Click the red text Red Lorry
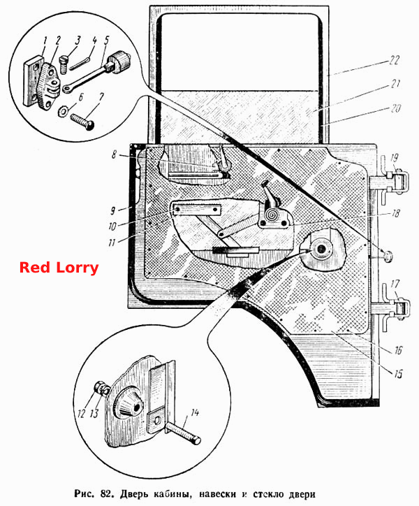(x=59, y=268)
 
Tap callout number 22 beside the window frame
(x=394, y=60)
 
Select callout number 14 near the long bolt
(x=195, y=412)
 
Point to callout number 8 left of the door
(x=114, y=154)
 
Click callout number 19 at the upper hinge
(x=394, y=158)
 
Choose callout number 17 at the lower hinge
(x=395, y=284)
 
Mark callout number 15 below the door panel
(x=398, y=374)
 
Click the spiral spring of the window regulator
(x=272, y=215)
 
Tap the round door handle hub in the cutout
(x=322, y=249)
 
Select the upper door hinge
(x=392, y=180)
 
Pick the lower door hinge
(x=392, y=308)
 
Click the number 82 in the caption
(x=106, y=493)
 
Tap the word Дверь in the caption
(x=133, y=494)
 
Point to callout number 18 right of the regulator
(x=395, y=213)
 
